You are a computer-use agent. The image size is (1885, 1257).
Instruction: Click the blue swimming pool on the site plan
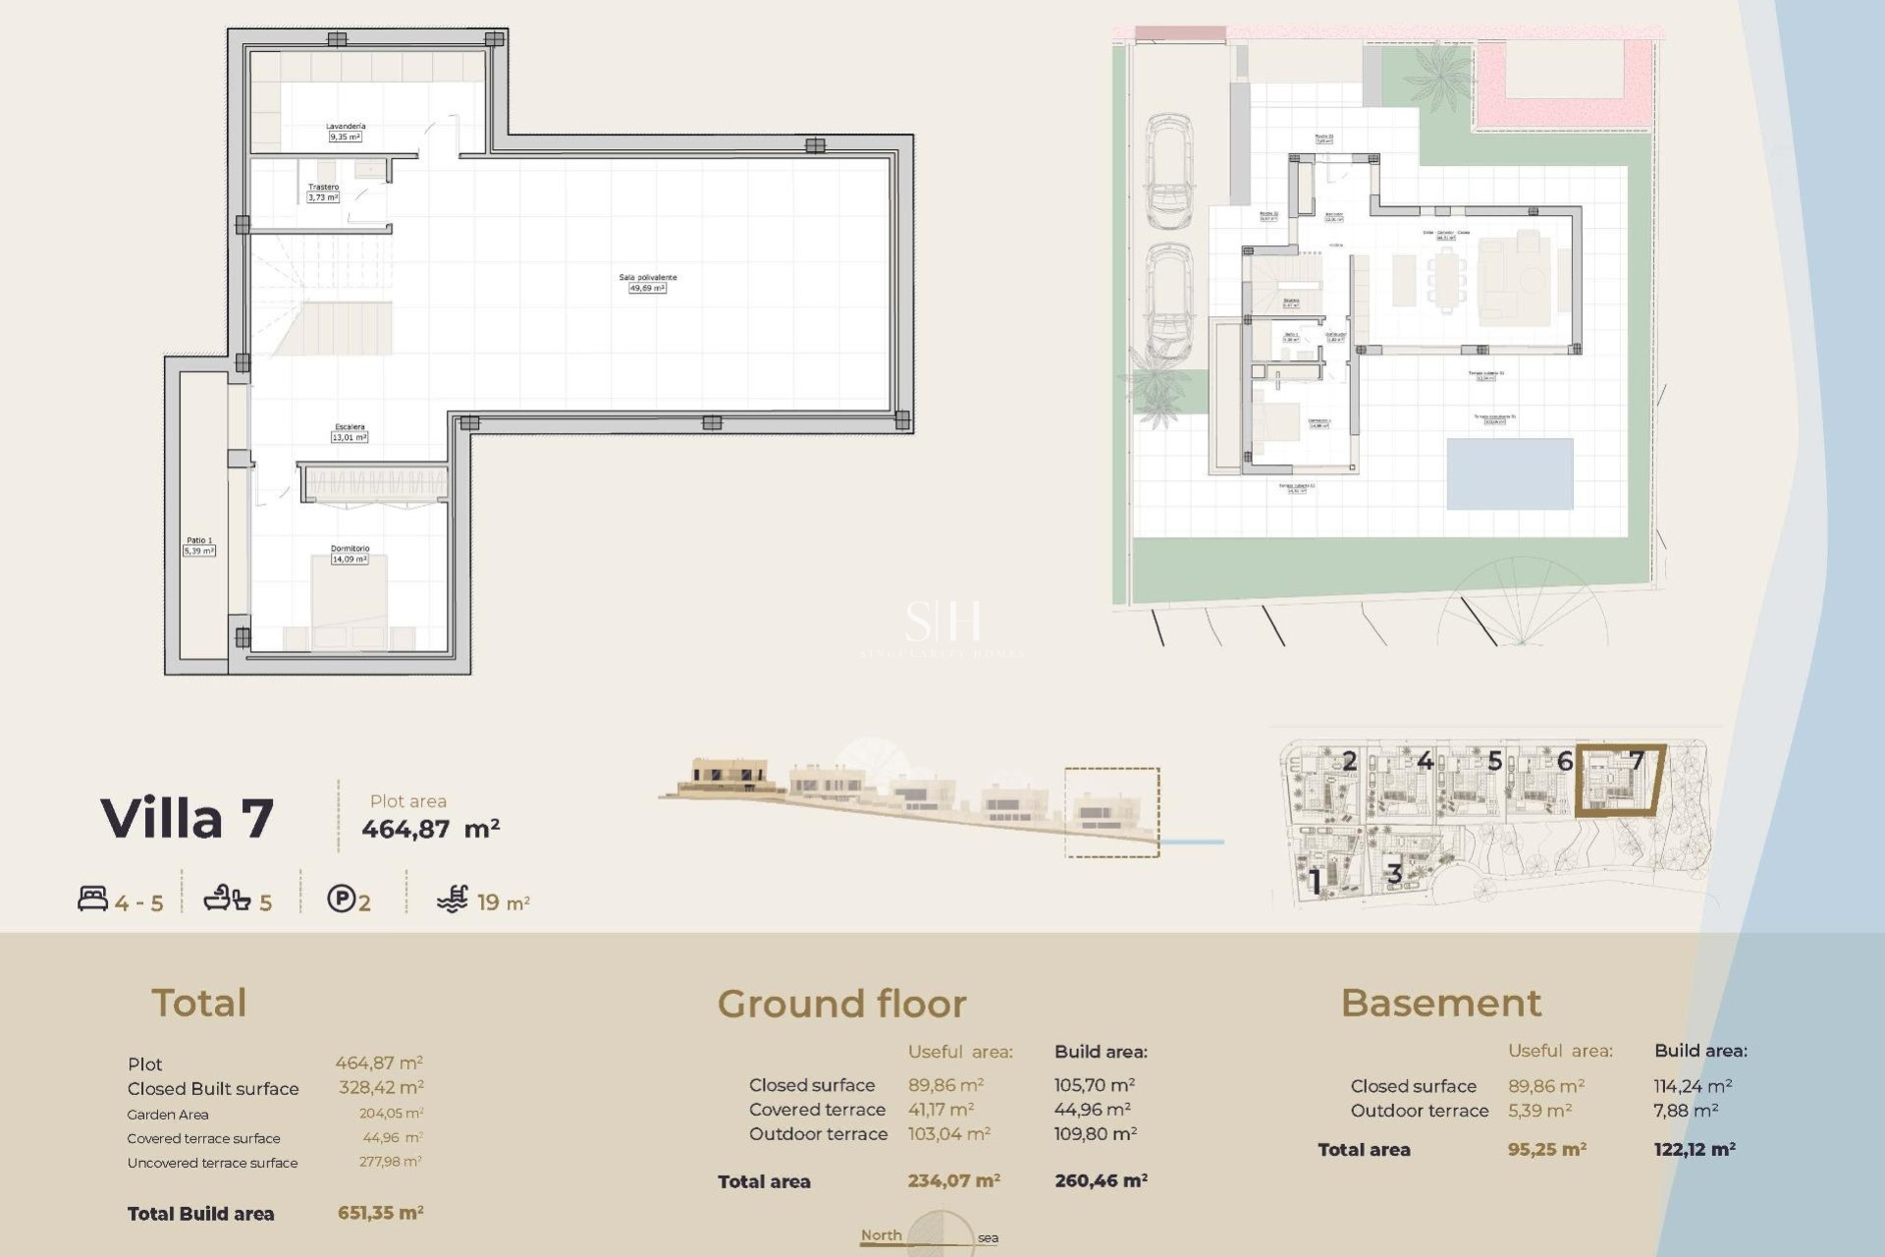tap(1509, 473)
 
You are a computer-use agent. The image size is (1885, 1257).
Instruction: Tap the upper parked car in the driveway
tap(1169, 170)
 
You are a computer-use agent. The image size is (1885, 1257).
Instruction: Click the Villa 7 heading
tap(187, 818)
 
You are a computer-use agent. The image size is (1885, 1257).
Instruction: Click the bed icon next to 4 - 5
tap(92, 899)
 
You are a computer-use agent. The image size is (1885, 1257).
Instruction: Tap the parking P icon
tap(341, 899)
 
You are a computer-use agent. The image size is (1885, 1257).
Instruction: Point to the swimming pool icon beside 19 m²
tap(453, 899)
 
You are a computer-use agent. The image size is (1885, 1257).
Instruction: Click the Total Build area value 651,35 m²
tap(380, 1213)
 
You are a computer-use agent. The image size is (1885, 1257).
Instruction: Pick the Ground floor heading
tap(841, 1004)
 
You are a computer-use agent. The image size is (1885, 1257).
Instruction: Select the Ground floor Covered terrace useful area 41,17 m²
tap(941, 1109)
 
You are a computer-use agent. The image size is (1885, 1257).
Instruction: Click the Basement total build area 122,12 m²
tap(1694, 1149)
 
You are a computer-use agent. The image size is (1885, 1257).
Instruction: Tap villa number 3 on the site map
tap(1393, 872)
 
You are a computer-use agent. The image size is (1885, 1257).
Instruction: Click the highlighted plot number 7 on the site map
tap(1636, 760)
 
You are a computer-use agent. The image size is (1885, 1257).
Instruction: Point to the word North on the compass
tap(881, 1235)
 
